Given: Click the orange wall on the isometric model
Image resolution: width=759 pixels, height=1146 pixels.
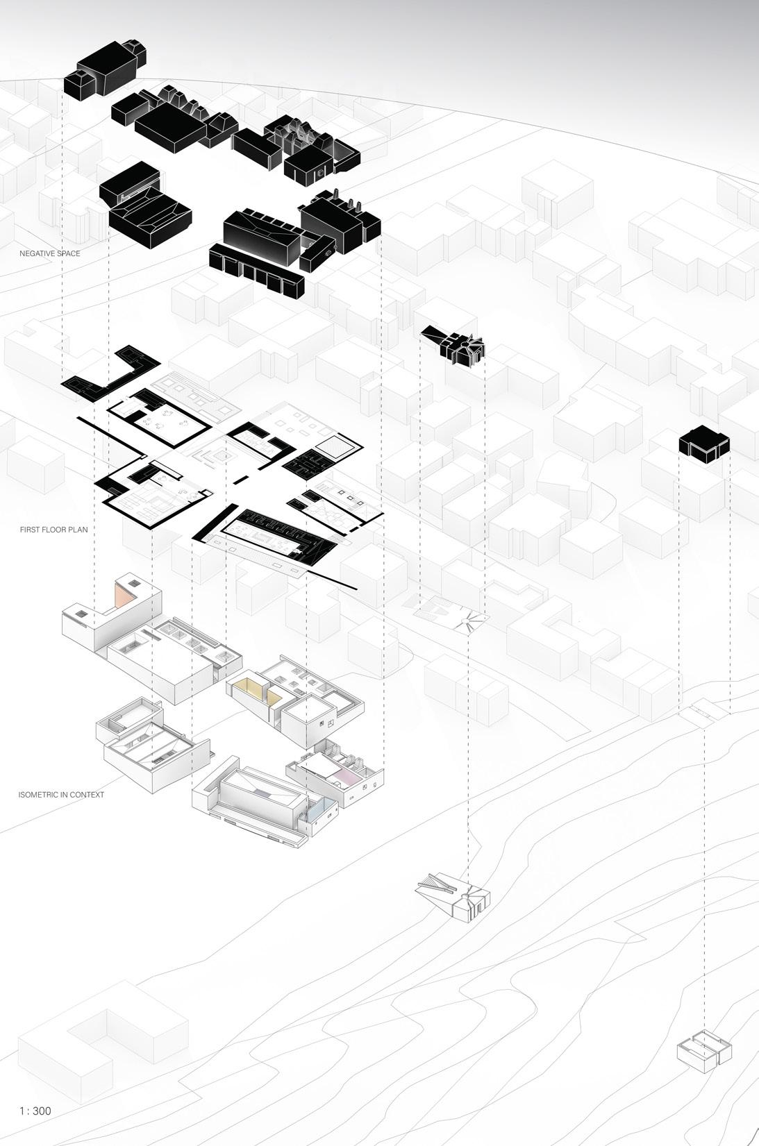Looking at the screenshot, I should tap(124, 596).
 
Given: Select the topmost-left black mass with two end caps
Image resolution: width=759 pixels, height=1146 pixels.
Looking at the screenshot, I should tap(104, 67).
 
